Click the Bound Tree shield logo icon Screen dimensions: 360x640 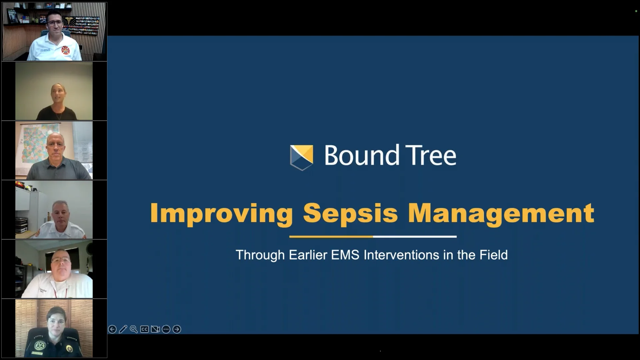(x=301, y=157)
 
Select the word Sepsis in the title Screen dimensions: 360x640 (x=350, y=213)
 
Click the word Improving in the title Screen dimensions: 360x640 (x=221, y=213)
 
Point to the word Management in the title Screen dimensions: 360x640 (x=501, y=213)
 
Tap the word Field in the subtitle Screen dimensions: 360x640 (x=494, y=255)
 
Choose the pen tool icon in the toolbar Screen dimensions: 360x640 (x=123, y=329)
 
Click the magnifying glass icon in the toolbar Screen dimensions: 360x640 (x=134, y=329)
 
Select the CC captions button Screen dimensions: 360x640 (x=144, y=329)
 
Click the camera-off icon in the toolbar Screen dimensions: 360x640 (x=155, y=329)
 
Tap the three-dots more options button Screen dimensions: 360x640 (x=166, y=329)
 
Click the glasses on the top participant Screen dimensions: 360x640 (x=54, y=23)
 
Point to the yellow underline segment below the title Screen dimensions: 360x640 (x=331, y=237)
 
